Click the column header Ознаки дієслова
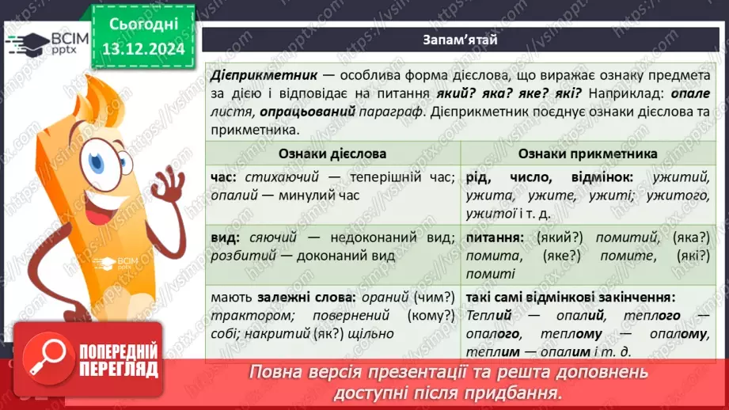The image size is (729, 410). pyautogui.click(x=332, y=153)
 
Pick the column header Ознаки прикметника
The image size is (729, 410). pyautogui.click(x=587, y=153)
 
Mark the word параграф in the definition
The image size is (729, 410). pyautogui.click(x=389, y=112)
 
